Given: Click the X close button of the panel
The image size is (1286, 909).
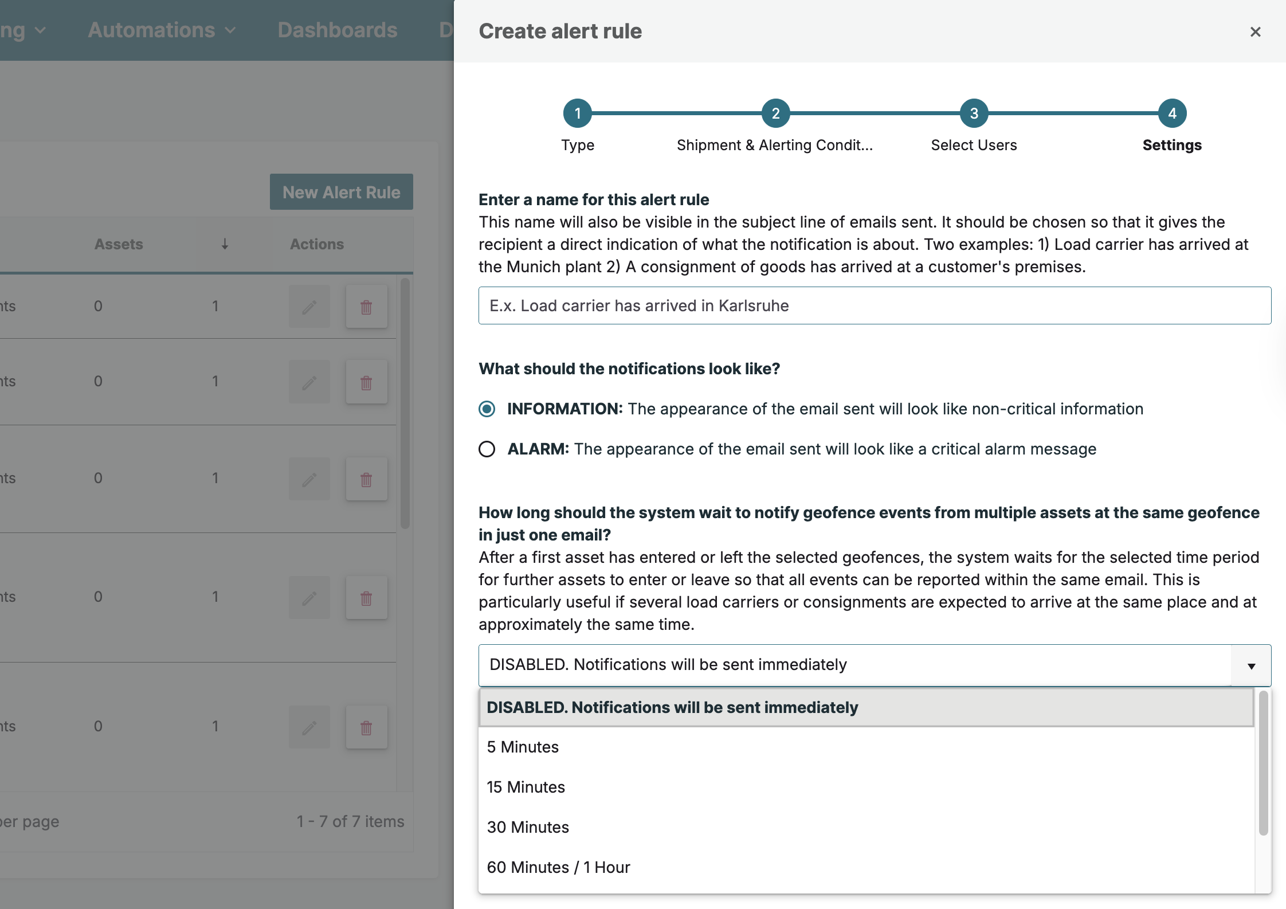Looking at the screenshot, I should coord(1255,32).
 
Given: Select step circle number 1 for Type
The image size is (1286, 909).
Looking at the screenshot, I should coord(577,113).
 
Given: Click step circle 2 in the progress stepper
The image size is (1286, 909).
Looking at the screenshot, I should coord(775,113).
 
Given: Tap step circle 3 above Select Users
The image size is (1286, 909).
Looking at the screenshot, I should coord(974,113).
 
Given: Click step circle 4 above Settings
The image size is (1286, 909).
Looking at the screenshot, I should coord(1172,113).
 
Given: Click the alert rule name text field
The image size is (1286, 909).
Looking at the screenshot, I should coord(875,305).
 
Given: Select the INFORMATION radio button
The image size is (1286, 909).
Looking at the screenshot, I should coord(487,409).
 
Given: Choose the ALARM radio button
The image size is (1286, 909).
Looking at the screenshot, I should coord(487,449).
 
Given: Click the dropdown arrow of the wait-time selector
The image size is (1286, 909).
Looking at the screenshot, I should coord(1251,665).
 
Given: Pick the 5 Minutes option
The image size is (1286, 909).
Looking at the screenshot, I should coord(523,747).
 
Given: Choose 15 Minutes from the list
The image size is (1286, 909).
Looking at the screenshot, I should coord(526,787).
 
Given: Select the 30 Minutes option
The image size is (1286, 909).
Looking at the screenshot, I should coord(528,827).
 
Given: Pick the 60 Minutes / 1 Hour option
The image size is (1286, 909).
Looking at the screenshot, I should coord(558,867).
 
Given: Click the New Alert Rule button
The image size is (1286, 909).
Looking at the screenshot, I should coord(342,192).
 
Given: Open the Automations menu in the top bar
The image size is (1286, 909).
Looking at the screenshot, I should coord(162,30).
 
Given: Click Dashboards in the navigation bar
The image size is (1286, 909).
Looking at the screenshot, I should coord(338,30).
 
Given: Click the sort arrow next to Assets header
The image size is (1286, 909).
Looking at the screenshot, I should coord(225,244).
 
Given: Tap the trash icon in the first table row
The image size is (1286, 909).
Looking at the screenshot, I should coord(366,307).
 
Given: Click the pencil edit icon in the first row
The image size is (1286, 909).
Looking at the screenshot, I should coord(309,307).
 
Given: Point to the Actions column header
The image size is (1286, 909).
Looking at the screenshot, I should coord(317,244).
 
